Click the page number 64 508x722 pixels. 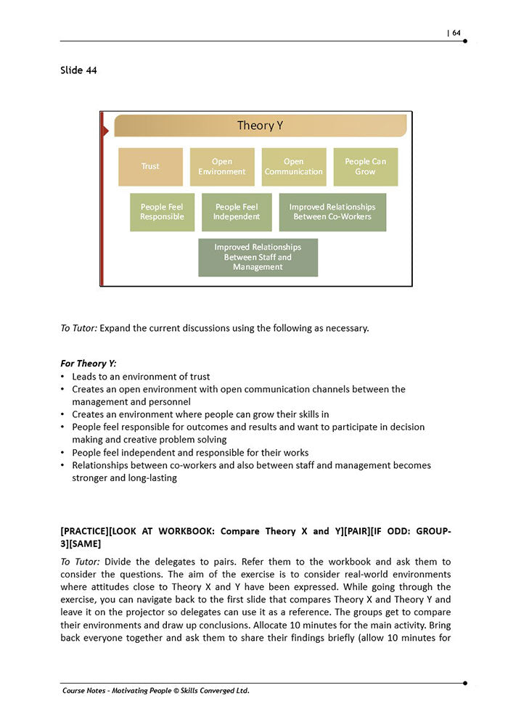[456, 33]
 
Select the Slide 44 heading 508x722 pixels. [79, 70]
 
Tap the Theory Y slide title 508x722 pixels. [260, 126]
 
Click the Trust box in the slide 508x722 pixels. [150, 167]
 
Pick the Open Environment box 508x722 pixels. [222, 167]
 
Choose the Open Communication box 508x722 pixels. [293, 167]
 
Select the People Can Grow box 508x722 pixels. [365, 167]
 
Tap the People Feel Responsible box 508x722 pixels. [162, 212]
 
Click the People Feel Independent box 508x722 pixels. [237, 212]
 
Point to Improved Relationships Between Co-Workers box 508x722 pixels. [332, 212]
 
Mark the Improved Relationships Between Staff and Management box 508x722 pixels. [258, 257]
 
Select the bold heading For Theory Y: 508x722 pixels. [89, 363]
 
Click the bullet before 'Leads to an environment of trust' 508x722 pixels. [63, 377]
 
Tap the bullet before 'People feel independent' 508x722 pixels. [63, 453]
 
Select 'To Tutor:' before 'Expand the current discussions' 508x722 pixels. [79, 328]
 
